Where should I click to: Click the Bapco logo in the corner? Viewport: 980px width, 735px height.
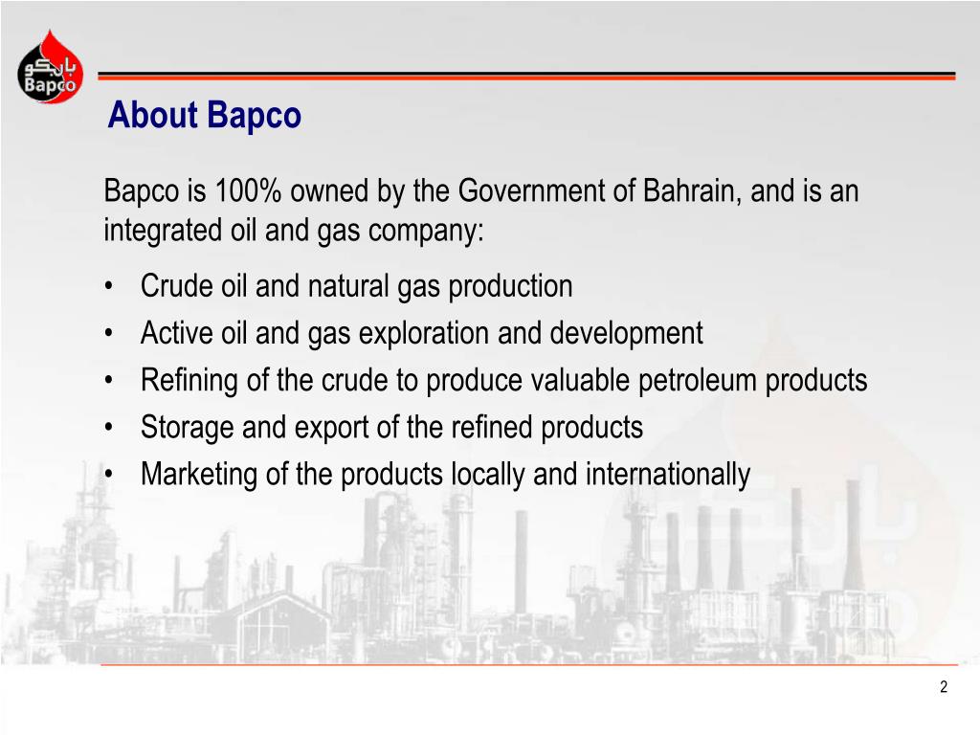click(x=50, y=66)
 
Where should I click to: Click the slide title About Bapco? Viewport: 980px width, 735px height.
click(x=205, y=115)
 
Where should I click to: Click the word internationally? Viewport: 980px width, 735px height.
click(x=667, y=475)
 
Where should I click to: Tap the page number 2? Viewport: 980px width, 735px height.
click(x=944, y=687)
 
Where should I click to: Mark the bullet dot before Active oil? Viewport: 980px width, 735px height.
click(x=109, y=334)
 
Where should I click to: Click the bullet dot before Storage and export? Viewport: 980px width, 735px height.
click(x=109, y=428)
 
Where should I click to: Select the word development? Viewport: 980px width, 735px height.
click(x=626, y=333)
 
